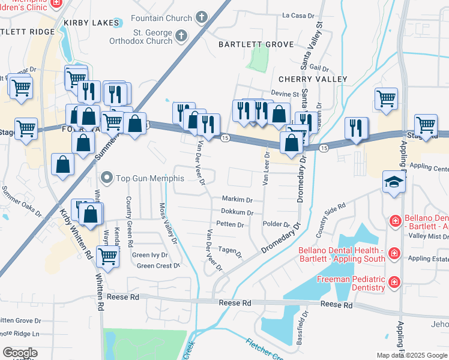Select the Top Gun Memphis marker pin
[107, 177]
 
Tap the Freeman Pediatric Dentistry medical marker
[394, 281]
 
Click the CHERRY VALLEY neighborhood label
[313, 79]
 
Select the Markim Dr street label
[237, 199]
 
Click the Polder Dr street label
[277, 224]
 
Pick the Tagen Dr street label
[230, 251]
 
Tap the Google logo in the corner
[20, 353]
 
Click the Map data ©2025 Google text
[412, 355]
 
